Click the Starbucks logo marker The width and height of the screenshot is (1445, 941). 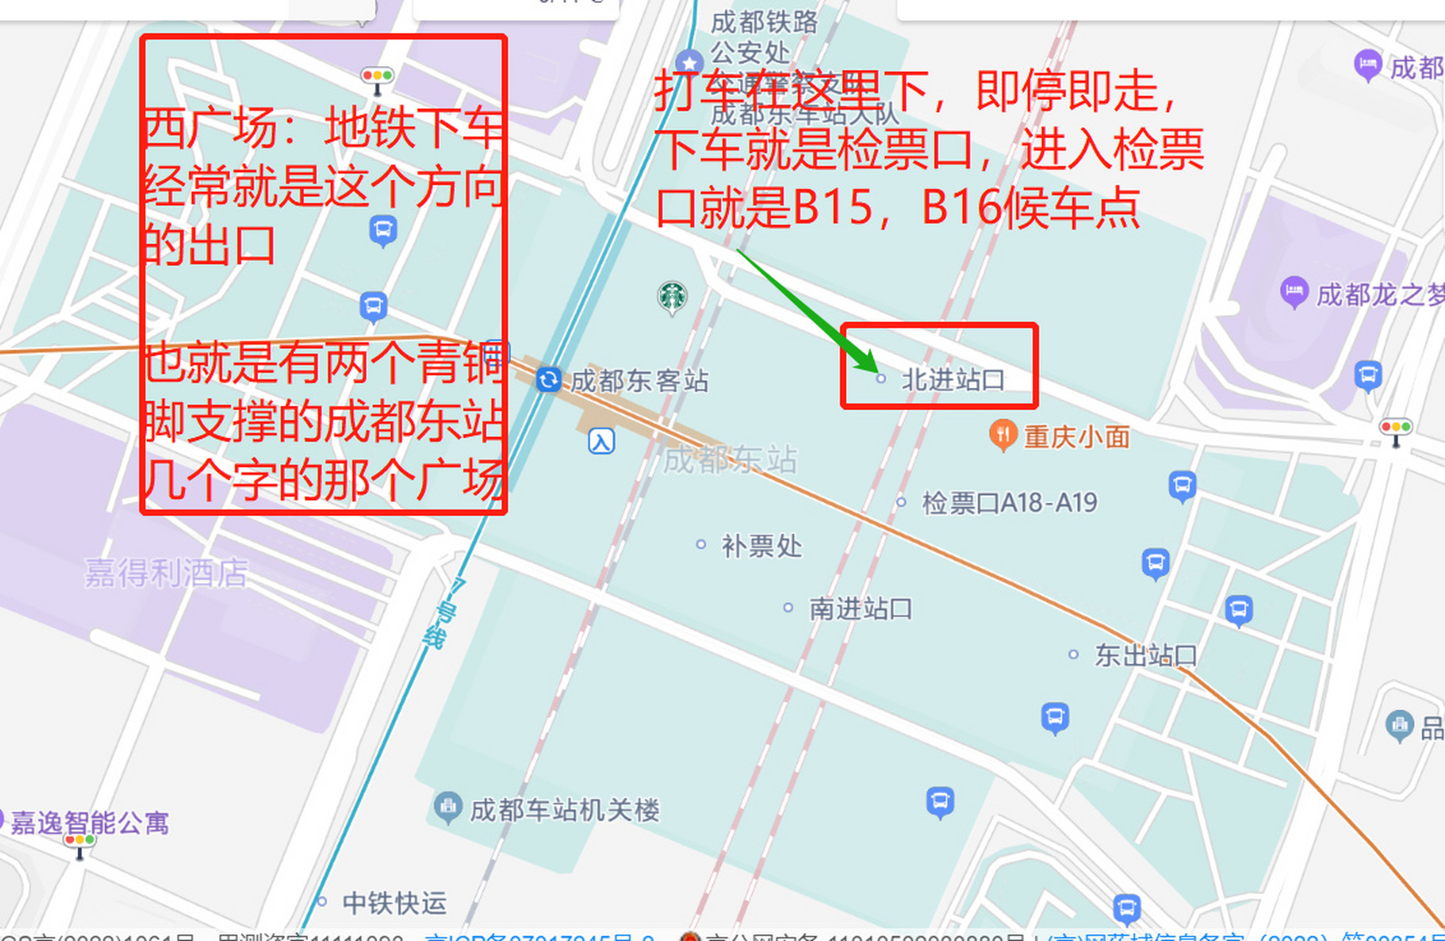point(672,296)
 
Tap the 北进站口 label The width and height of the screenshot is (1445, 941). point(953,380)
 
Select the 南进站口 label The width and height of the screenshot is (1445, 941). point(860,609)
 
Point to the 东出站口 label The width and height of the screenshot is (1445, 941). point(1145,655)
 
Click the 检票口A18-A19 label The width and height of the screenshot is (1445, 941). point(1009,503)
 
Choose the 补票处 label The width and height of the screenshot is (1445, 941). point(761,546)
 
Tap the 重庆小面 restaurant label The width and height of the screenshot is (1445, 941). point(1076,437)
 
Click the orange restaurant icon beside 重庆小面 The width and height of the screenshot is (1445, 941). point(1003,435)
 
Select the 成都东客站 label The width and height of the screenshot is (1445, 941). point(639,381)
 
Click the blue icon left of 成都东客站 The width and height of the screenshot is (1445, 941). point(548,380)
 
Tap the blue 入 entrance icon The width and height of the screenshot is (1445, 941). point(601,442)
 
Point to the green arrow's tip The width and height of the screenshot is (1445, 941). point(875,371)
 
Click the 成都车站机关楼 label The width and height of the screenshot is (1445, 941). point(564,810)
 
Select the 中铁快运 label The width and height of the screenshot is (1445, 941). point(394,903)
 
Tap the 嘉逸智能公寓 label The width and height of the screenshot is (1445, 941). point(89,823)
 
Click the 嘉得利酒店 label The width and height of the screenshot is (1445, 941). point(166,573)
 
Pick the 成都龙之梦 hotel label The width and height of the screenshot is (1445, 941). point(1379,295)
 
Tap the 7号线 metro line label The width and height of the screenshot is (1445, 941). point(442,613)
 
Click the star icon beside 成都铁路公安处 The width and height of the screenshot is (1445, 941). point(689,62)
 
